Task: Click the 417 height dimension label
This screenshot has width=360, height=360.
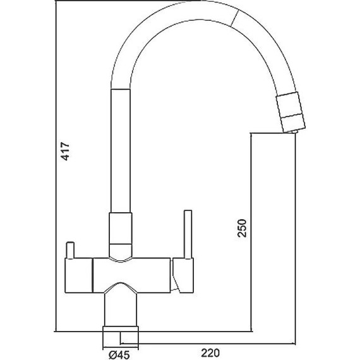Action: [65, 152]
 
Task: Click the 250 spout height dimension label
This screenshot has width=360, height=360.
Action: [242, 228]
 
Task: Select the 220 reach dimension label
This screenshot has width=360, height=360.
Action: [210, 353]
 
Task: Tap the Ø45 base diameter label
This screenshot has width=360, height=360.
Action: [119, 355]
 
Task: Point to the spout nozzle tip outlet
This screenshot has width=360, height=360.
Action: [291, 131]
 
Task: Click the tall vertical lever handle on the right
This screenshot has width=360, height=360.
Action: [188, 234]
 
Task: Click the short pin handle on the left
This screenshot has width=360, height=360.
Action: [70, 250]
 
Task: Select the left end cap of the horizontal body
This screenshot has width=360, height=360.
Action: [79, 275]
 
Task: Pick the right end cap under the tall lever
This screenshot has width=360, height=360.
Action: [183, 275]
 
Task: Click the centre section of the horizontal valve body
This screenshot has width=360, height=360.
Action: [131, 275]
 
